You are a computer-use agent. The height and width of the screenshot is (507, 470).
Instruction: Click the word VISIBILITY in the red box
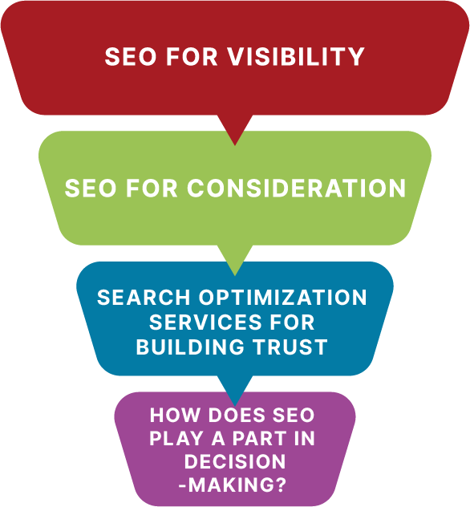coord(296,57)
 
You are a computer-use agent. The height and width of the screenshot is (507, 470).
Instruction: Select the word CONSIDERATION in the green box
coord(296,188)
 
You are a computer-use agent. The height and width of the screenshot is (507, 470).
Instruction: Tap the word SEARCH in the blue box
coord(144,297)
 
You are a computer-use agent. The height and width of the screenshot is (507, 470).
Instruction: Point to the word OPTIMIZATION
coord(283,297)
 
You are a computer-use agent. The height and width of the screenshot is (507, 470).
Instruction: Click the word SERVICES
coord(205,322)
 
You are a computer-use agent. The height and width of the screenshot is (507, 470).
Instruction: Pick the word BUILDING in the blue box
coord(190,347)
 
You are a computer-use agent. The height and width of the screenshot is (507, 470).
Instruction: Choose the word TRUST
coord(290,347)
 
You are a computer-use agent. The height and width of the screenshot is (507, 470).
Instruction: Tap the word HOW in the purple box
coord(175,415)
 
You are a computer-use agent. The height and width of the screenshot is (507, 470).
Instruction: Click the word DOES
coord(237,415)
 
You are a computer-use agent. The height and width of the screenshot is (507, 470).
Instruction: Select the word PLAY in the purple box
coord(176,439)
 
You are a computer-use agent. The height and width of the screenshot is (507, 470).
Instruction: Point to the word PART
coord(259,439)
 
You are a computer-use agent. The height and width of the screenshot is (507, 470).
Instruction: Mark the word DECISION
coord(235,462)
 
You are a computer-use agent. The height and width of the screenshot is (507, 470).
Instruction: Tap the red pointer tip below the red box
coord(235,144)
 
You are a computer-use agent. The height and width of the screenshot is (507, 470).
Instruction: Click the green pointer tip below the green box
coord(235,275)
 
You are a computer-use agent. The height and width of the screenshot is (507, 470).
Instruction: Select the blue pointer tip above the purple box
coord(235,405)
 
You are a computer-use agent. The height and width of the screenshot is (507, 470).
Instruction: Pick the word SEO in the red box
coord(131,57)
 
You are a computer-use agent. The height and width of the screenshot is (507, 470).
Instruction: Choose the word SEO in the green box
coord(91,188)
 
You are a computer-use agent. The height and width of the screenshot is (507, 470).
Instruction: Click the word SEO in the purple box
coord(294,415)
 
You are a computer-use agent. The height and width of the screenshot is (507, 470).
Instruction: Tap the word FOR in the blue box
coord(292,322)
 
